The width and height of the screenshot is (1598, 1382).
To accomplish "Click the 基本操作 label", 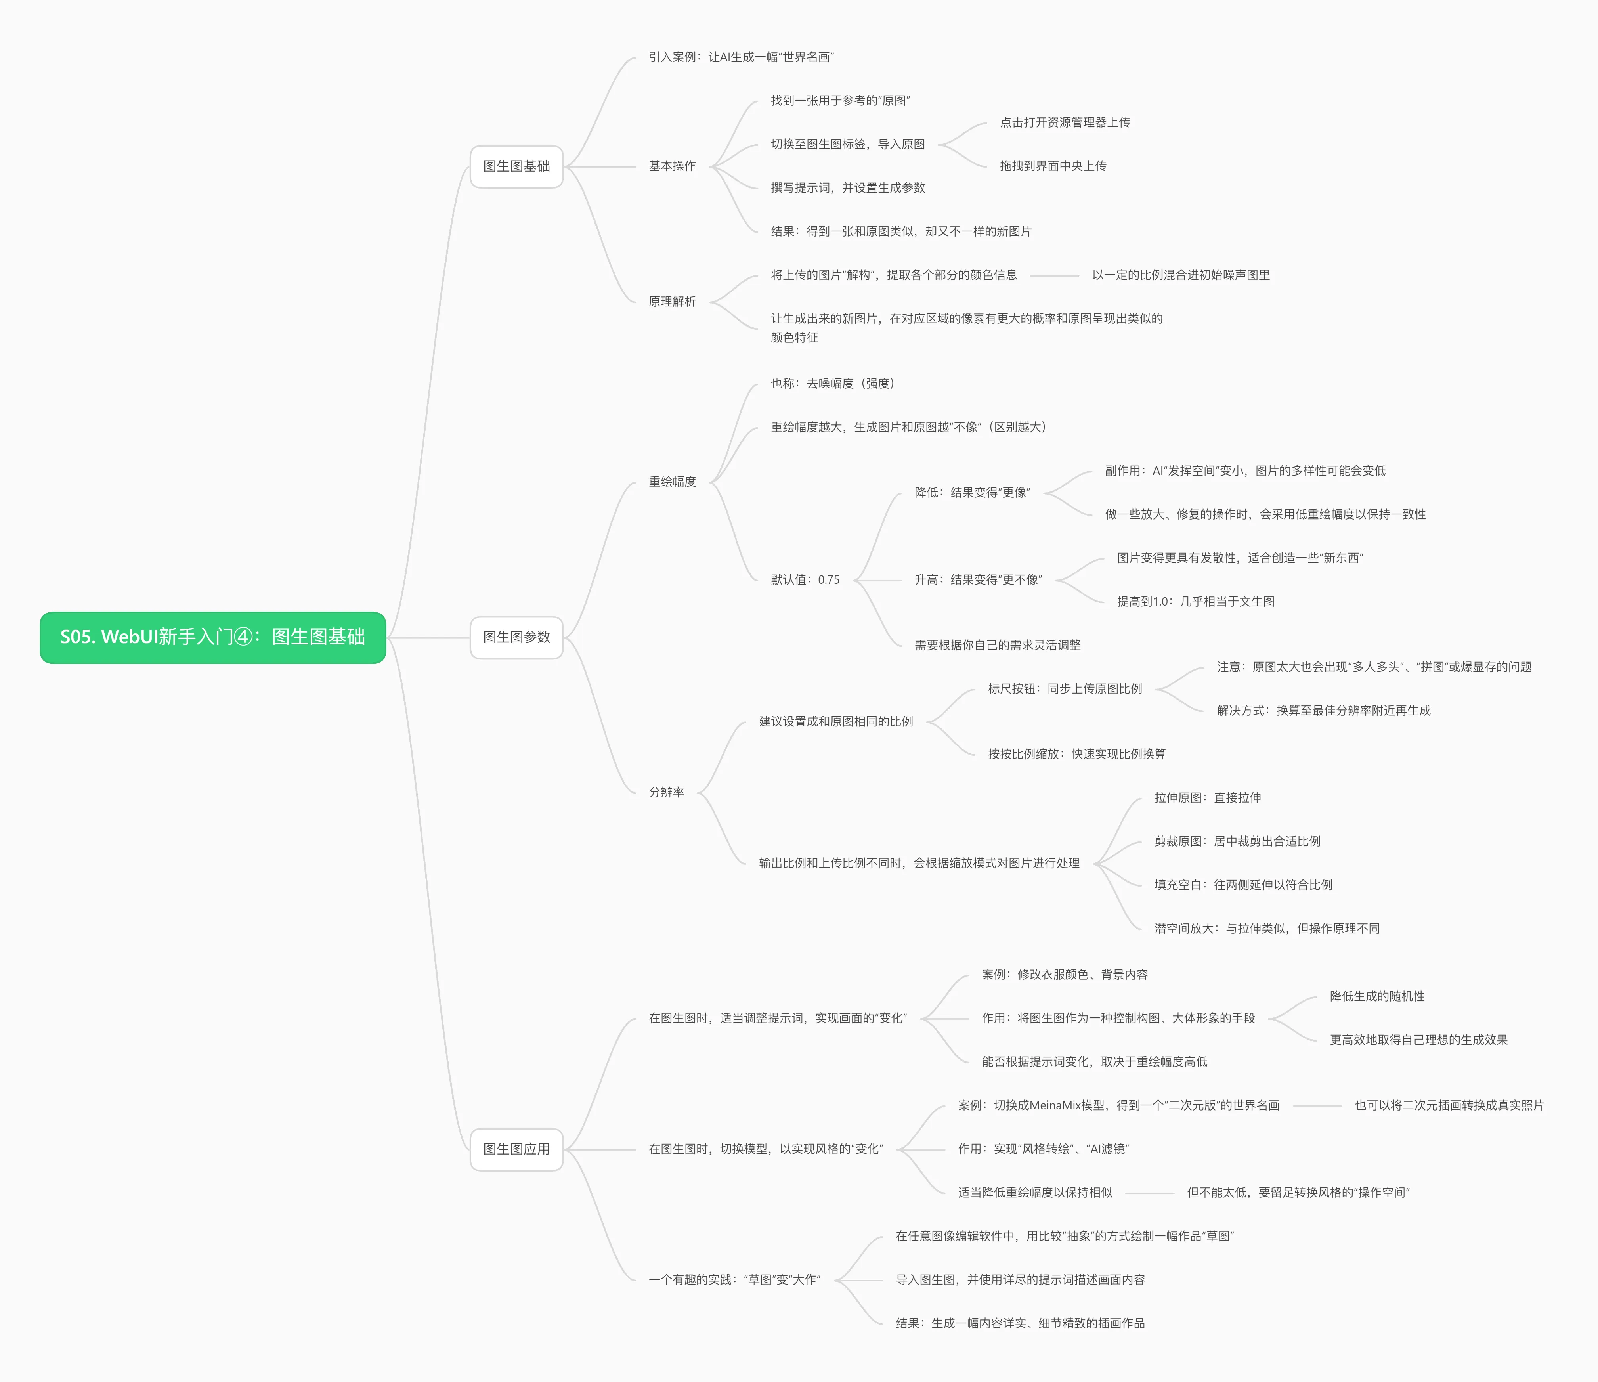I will click(x=672, y=166).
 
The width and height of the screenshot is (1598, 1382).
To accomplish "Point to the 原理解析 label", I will click(x=672, y=302).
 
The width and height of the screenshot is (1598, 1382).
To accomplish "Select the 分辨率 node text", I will click(x=666, y=792).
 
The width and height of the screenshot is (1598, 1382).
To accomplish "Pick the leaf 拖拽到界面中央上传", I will click(x=1053, y=166).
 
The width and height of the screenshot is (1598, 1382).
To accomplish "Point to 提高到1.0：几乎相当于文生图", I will click(x=1195, y=602).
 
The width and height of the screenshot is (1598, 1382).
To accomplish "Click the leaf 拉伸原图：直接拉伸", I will click(x=1207, y=797).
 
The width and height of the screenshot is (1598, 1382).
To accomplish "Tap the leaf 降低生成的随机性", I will click(x=1377, y=996).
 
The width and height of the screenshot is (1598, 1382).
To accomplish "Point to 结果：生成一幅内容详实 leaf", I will click(x=1020, y=1323).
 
